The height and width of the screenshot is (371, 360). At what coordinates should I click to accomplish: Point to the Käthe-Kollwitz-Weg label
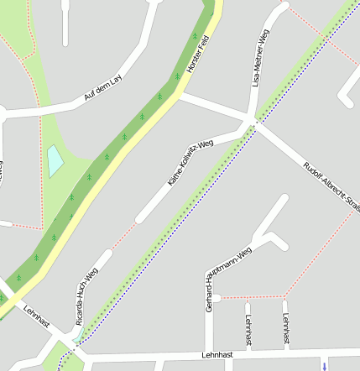point(190,163)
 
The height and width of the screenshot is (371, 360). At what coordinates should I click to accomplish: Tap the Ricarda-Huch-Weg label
point(86,296)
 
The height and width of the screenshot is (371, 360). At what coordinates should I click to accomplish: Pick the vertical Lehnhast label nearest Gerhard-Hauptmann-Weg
point(249,330)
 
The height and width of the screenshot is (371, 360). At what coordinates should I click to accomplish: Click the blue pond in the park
point(55,160)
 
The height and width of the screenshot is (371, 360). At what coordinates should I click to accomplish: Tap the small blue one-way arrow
point(323,365)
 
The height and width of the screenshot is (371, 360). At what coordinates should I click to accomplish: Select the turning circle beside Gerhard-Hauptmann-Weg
point(216,298)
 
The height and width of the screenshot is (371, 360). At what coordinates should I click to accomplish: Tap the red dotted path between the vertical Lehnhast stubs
point(267,298)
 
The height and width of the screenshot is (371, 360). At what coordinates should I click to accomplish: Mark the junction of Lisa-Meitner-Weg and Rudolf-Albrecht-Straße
point(251,123)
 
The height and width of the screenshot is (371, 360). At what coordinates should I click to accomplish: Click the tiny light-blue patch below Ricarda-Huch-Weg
point(77,334)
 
